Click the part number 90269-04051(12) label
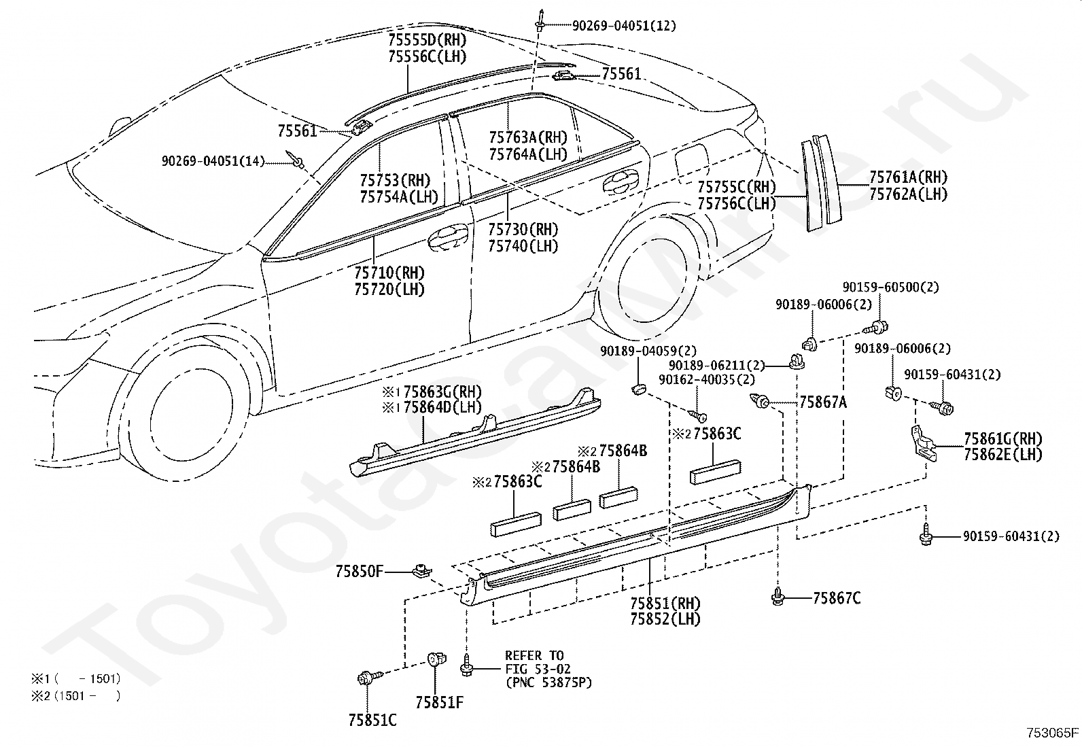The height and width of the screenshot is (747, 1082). pyautogui.click(x=624, y=26)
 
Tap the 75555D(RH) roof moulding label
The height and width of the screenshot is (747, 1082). pyautogui.click(x=427, y=39)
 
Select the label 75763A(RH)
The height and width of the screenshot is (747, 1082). pyautogui.click(x=528, y=137)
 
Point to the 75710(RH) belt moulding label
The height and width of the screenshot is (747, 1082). pyautogui.click(x=389, y=273)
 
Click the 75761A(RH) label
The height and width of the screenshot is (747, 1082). pyautogui.click(x=909, y=177)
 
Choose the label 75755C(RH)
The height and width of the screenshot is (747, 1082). pyautogui.click(x=737, y=186)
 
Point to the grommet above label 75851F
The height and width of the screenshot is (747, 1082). pyautogui.click(x=436, y=659)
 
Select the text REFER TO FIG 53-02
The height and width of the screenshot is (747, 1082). pyautogui.click(x=538, y=663)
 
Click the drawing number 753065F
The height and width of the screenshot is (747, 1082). pyautogui.click(x=1053, y=733)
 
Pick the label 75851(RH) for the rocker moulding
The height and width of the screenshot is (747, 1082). pyautogui.click(x=665, y=603)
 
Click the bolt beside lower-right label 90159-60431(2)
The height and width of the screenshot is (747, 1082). pyautogui.click(x=926, y=537)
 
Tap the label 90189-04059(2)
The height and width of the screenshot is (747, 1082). pyautogui.click(x=648, y=351)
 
